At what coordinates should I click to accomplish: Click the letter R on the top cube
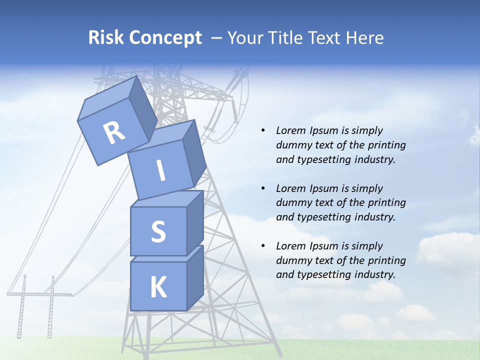(x=114, y=133)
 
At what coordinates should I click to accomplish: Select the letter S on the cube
(x=158, y=231)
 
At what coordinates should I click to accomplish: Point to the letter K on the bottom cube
(x=158, y=287)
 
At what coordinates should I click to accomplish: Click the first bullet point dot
(x=263, y=130)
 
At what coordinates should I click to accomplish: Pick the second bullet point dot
(x=263, y=188)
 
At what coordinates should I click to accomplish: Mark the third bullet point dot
(x=263, y=246)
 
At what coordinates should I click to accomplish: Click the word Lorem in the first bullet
(x=290, y=130)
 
